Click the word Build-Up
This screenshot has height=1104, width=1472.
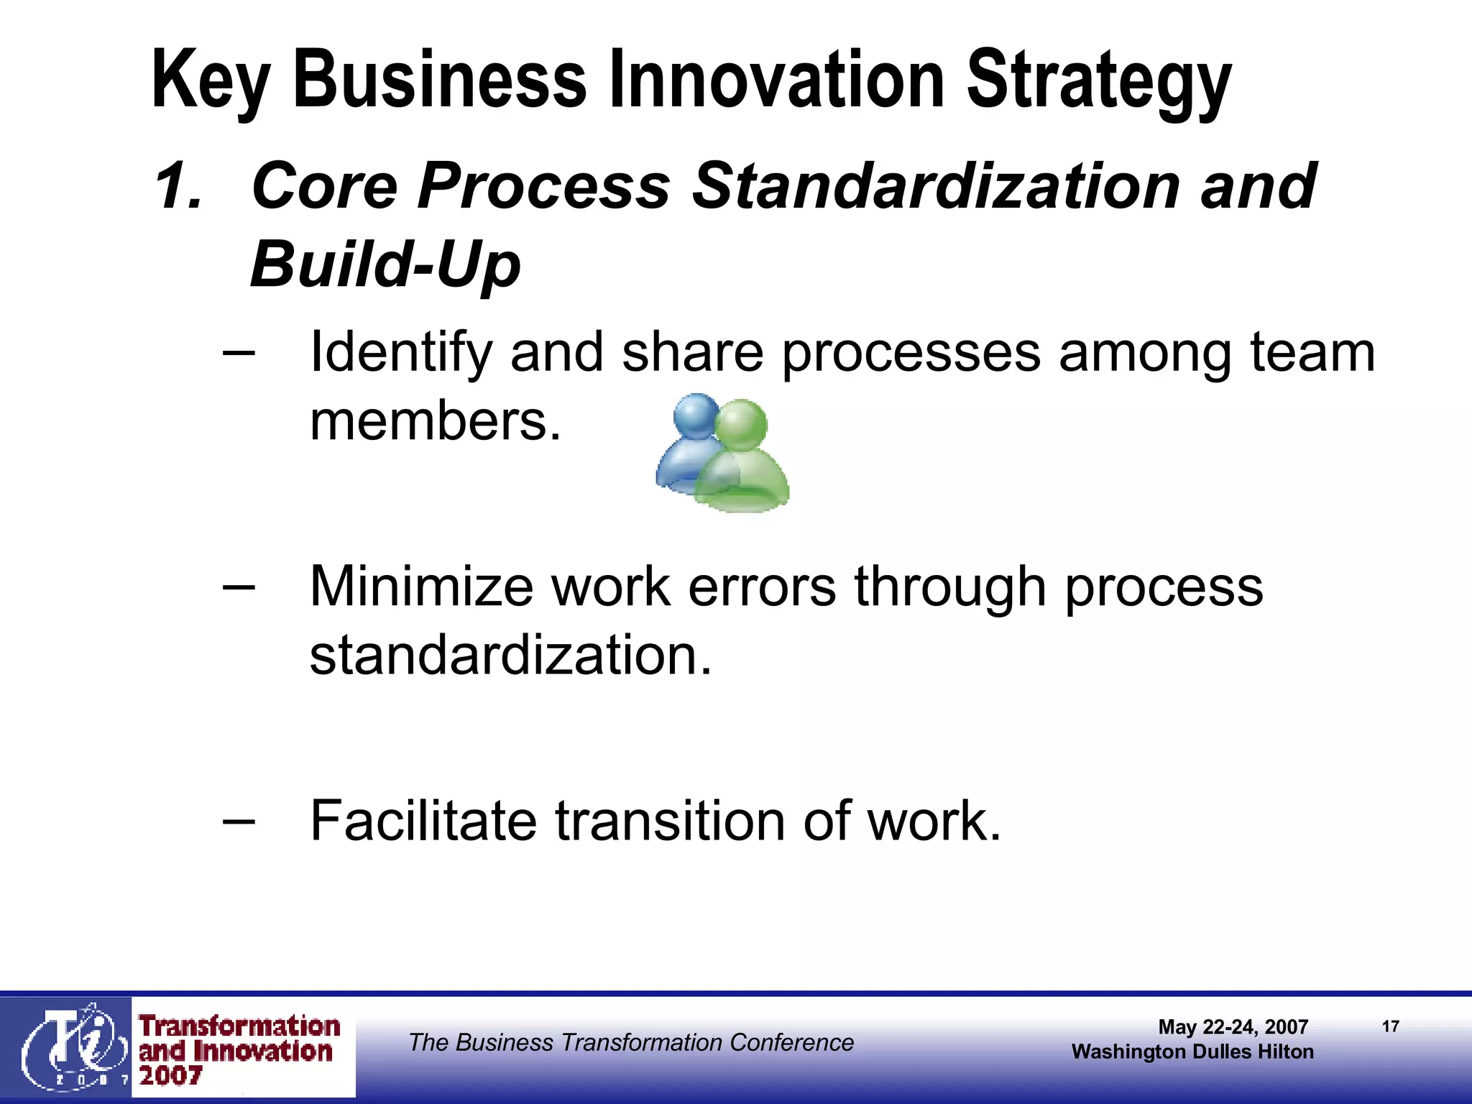pos(385,264)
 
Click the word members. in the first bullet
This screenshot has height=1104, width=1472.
pos(435,421)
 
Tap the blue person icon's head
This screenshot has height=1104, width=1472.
pos(694,416)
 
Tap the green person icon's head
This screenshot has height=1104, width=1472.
pos(742,424)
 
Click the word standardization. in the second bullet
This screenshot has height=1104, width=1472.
pos(510,655)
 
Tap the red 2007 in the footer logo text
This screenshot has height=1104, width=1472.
pos(171,1076)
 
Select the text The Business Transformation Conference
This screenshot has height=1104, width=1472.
pos(631,1042)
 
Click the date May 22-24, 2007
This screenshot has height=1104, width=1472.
pos(1233,1026)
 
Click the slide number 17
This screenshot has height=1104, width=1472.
pos(1390,1026)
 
